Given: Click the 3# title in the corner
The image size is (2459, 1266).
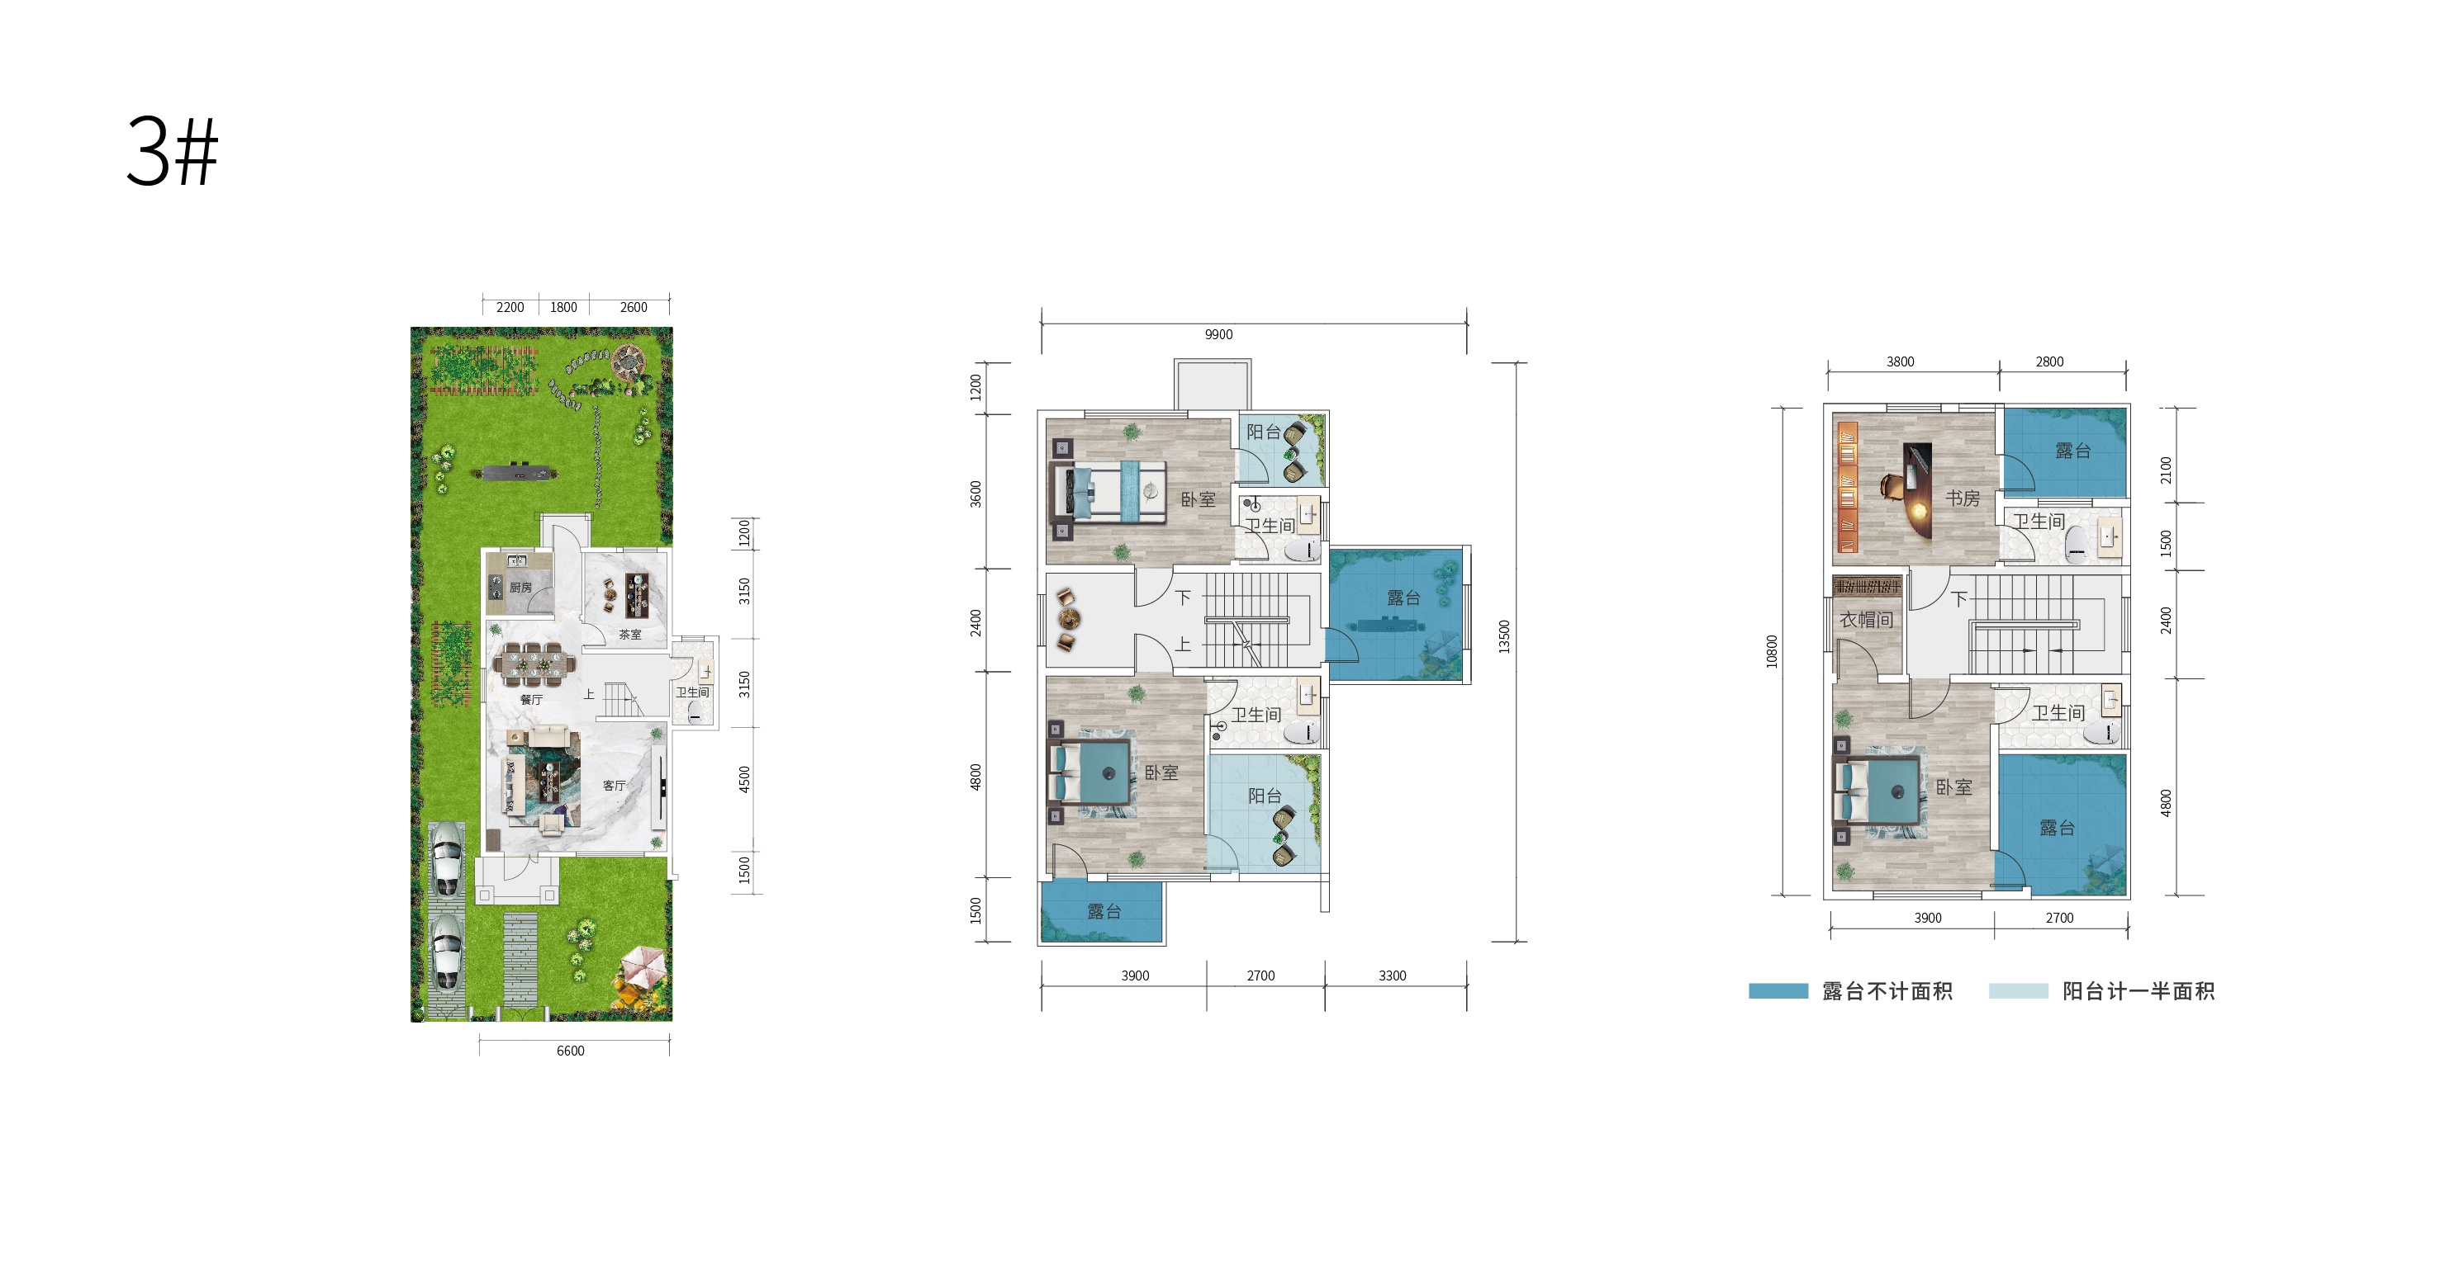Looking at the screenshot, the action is tap(173, 151).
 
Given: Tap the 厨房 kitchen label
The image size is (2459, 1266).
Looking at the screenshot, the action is tap(520, 588).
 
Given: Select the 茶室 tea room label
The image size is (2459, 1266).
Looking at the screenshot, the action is tap(630, 635).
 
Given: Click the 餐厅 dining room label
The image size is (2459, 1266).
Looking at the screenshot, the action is tap(532, 699).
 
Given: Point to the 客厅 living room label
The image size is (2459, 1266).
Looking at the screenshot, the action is tap(614, 785).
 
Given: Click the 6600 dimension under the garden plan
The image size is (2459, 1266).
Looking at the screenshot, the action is tap(570, 1051).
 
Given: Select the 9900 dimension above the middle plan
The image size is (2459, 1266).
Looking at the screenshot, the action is tap(1218, 334).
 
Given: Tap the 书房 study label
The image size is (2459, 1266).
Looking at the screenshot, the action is tap(1963, 498).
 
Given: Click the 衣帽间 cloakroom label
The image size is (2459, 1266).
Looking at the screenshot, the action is tap(1866, 620).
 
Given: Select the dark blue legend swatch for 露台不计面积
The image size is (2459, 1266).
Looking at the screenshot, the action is tap(1778, 991).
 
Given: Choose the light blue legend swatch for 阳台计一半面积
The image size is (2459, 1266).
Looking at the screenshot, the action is tap(2018, 991).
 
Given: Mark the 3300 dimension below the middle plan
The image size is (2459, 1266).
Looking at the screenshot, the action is tap(1392, 975).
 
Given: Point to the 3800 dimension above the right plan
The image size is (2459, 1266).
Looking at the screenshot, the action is tap(1900, 361).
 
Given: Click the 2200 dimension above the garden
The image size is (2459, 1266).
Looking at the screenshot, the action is tap(510, 307).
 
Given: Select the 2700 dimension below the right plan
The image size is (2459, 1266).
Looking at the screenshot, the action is tap(2059, 918).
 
